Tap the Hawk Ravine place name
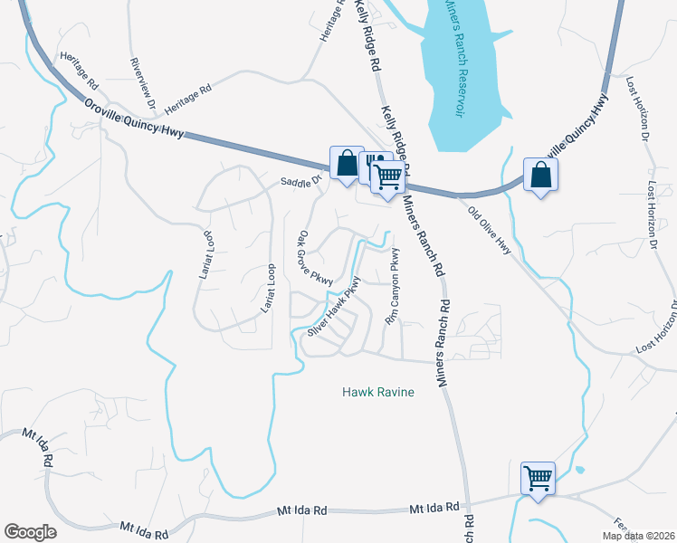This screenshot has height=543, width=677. pos(378,392)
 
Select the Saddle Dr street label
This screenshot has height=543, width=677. pos(301,180)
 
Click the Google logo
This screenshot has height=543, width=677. pos(31,532)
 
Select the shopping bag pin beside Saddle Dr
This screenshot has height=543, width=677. pos(347,164)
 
